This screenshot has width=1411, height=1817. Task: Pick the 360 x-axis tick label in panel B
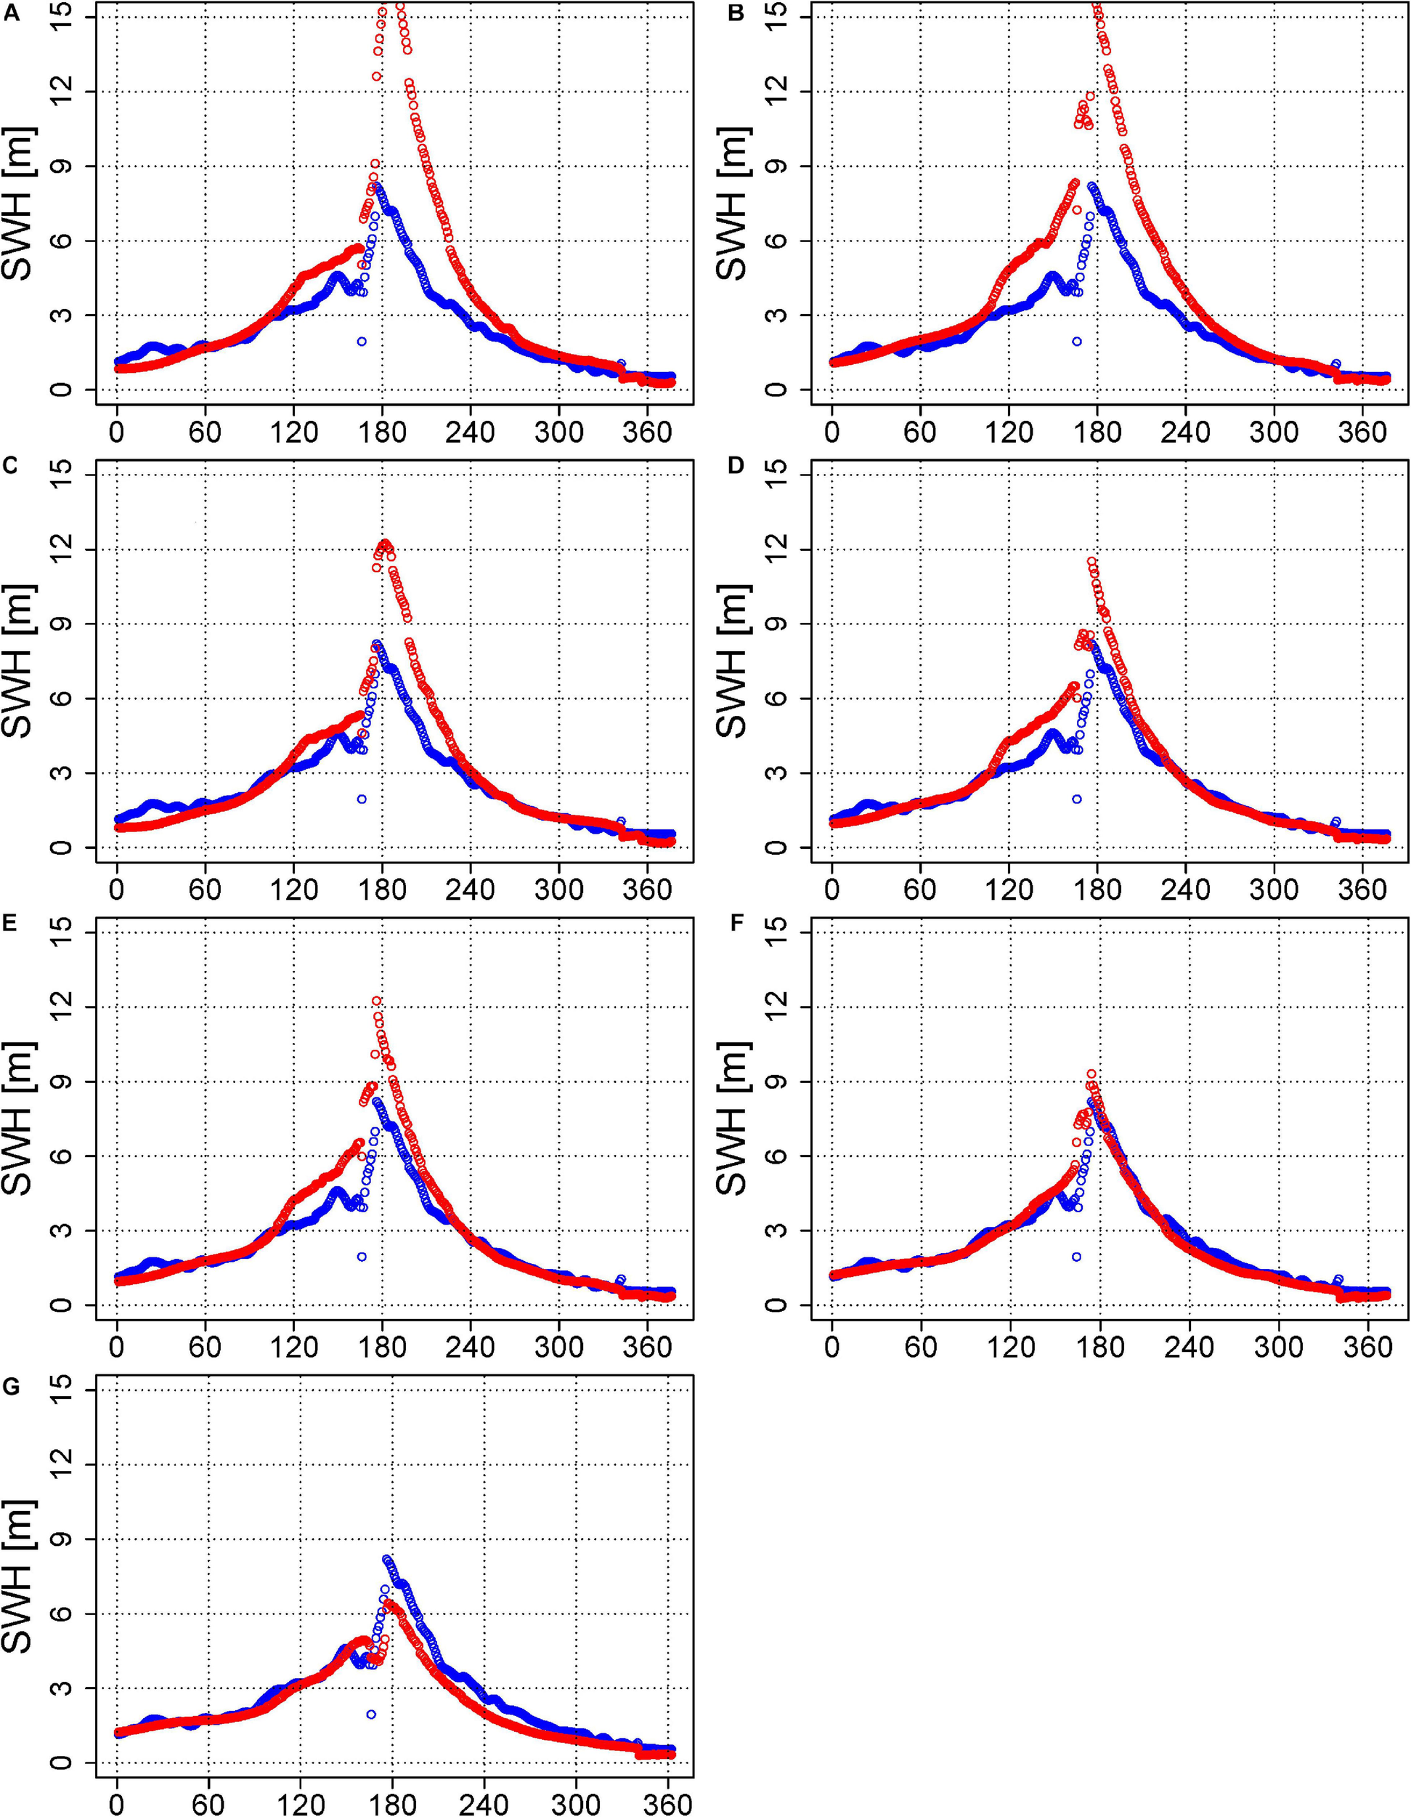tap(1367, 432)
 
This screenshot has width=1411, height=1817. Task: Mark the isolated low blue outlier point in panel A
tap(362, 341)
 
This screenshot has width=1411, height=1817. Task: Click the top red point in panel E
tap(377, 1001)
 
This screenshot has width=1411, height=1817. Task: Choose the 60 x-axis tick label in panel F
tap(920, 1347)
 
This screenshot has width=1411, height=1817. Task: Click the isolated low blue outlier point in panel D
tap(1077, 799)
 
